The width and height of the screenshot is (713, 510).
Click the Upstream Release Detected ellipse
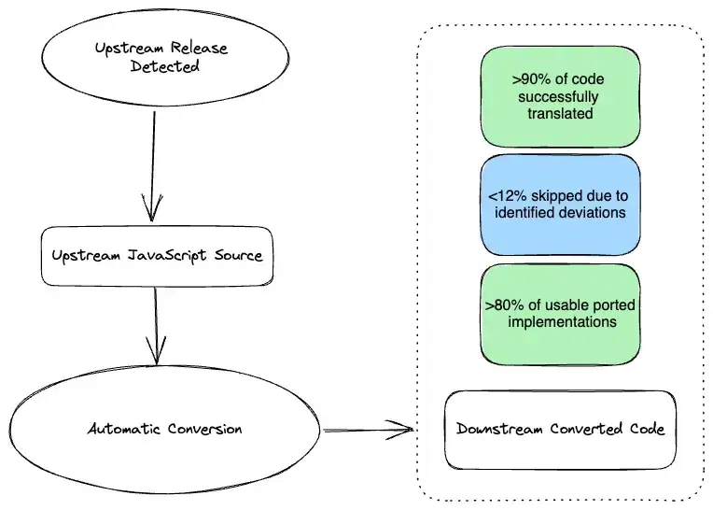click(165, 58)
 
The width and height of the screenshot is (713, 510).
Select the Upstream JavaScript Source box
click(158, 256)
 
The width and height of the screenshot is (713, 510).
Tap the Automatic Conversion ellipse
click(164, 429)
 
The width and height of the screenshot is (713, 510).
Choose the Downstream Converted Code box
click(560, 430)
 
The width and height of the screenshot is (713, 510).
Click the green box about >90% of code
click(560, 96)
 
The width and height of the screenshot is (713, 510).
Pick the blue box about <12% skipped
click(560, 205)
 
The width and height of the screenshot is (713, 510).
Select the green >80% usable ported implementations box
click(560, 315)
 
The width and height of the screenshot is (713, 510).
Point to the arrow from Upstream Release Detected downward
click(153, 166)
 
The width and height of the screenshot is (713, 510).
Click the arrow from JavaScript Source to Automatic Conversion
click(156, 326)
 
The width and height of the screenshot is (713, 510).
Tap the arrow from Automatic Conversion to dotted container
click(369, 430)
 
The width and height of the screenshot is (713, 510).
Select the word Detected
click(164, 66)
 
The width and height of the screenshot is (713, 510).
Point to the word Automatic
click(124, 429)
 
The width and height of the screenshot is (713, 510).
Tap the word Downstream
click(499, 429)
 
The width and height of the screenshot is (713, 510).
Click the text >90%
click(532, 79)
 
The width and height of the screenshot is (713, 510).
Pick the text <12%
click(508, 196)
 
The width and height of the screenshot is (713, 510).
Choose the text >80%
click(504, 305)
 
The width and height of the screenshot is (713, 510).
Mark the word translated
click(560, 113)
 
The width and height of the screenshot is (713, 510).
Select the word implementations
click(562, 322)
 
